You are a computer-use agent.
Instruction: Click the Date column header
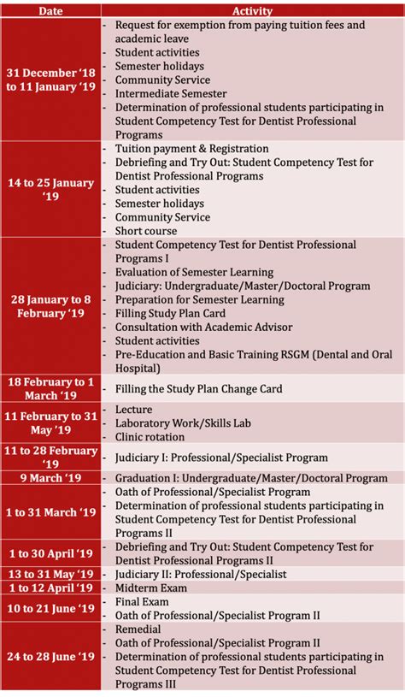(x=51, y=11)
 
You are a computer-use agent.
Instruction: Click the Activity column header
(x=252, y=11)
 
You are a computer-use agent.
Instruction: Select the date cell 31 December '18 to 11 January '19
(x=51, y=80)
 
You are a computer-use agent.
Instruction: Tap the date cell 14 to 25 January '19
(x=51, y=190)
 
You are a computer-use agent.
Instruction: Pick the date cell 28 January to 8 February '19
(x=51, y=306)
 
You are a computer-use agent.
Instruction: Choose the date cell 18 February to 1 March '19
(x=51, y=388)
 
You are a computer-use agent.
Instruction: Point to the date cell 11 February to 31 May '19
(x=51, y=423)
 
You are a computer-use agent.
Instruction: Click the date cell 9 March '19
(x=51, y=478)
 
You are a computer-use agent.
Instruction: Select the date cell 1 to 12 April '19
(x=51, y=588)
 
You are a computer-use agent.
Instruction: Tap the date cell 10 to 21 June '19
(x=51, y=609)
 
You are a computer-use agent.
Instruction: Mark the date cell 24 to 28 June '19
(x=51, y=657)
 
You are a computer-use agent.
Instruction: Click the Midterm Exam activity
(x=151, y=588)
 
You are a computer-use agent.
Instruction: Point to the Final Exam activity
(x=143, y=602)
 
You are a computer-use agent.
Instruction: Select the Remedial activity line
(x=140, y=629)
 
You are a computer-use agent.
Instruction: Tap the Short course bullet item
(x=146, y=231)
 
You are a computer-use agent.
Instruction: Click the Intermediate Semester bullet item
(x=171, y=94)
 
